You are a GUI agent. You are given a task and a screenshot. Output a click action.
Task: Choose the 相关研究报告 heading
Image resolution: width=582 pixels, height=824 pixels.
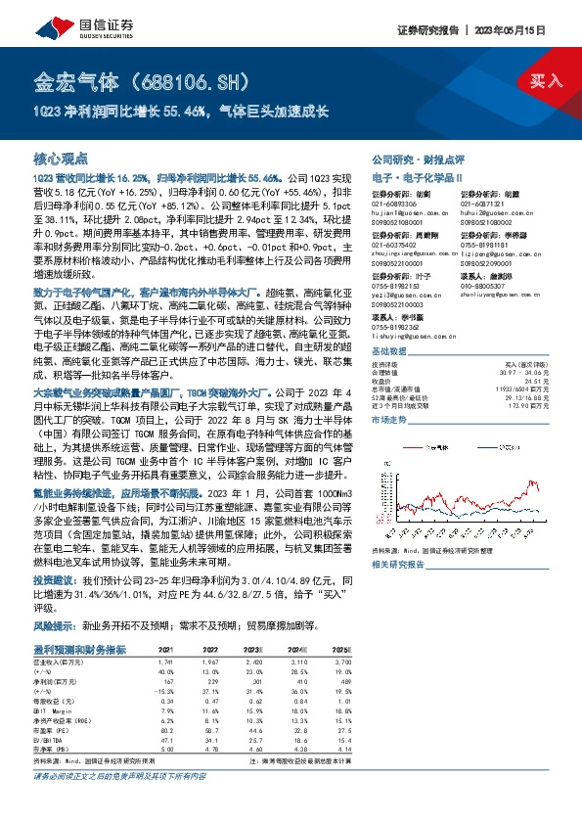point(399,565)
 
